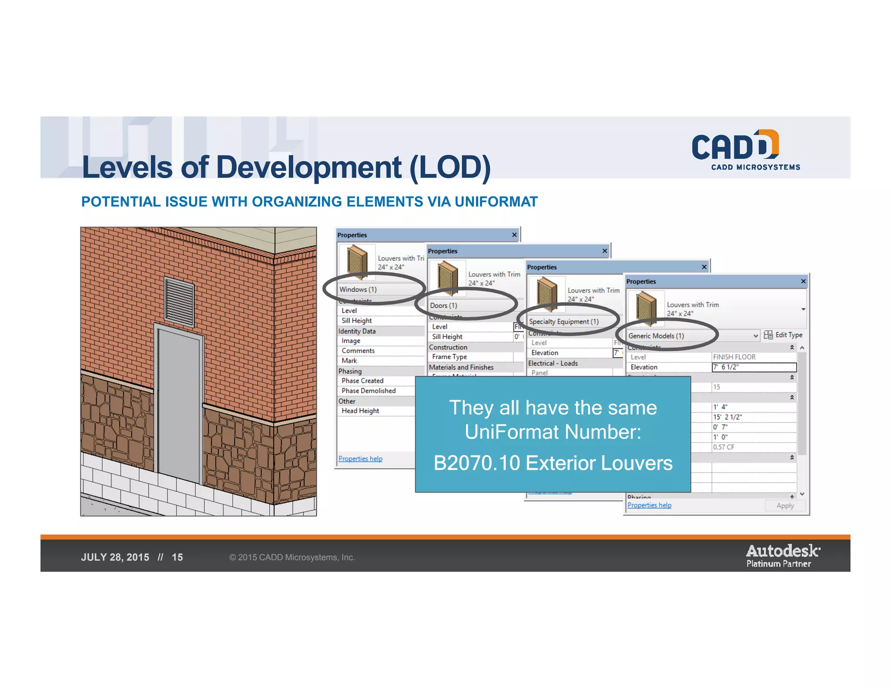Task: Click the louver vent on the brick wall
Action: coord(179,302)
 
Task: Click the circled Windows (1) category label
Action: coord(358,290)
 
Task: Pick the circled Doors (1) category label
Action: coord(443,306)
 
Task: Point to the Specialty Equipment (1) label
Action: coord(564,322)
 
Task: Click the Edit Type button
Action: coord(783,335)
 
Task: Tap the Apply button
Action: coord(785,506)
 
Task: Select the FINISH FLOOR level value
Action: coord(734,357)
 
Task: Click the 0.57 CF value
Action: coord(724,447)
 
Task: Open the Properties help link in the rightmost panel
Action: coord(649,505)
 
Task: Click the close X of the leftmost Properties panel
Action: coord(514,235)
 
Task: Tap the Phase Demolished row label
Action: coord(368,391)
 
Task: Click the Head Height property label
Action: coord(360,411)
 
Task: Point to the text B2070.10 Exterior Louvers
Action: coord(553,463)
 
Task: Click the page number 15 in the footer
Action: coord(177,558)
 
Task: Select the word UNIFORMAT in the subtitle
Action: coord(496,202)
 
